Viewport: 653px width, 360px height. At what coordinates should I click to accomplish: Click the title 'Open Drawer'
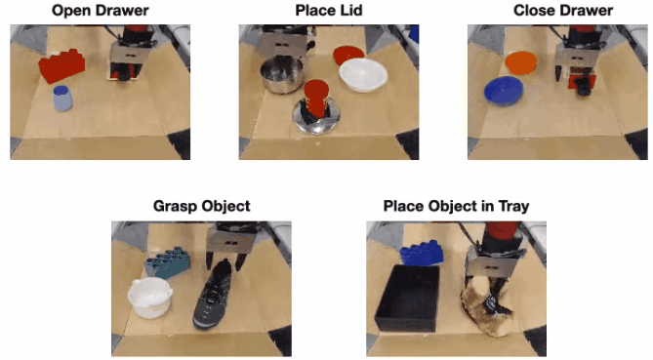click(x=100, y=11)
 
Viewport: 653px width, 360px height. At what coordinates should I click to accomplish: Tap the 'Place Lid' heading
click(x=329, y=11)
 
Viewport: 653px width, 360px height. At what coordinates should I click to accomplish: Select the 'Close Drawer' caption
click(x=563, y=11)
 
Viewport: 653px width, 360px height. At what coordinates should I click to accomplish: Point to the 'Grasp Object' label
click(x=202, y=207)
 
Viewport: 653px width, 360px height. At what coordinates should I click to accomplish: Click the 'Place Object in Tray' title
click(x=456, y=207)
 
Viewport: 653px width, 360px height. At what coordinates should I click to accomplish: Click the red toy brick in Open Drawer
click(x=62, y=65)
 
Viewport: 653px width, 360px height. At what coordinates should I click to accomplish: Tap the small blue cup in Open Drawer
click(x=62, y=99)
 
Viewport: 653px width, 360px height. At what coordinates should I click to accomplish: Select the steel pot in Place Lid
click(x=281, y=74)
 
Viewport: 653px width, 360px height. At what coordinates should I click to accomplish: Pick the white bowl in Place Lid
click(x=363, y=75)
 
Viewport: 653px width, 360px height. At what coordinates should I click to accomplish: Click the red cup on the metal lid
click(x=316, y=99)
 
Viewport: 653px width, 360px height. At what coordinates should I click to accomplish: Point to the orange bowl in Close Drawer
click(x=521, y=62)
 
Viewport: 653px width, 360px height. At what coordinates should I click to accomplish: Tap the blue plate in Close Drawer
click(x=504, y=91)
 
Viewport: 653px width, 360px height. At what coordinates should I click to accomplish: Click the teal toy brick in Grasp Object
click(x=168, y=263)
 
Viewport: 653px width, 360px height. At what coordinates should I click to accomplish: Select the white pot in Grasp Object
click(x=149, y=298)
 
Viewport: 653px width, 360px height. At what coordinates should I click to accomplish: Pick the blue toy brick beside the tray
click(x=422, y=253)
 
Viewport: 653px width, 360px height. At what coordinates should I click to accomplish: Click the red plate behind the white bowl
click(x=348, y=55)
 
